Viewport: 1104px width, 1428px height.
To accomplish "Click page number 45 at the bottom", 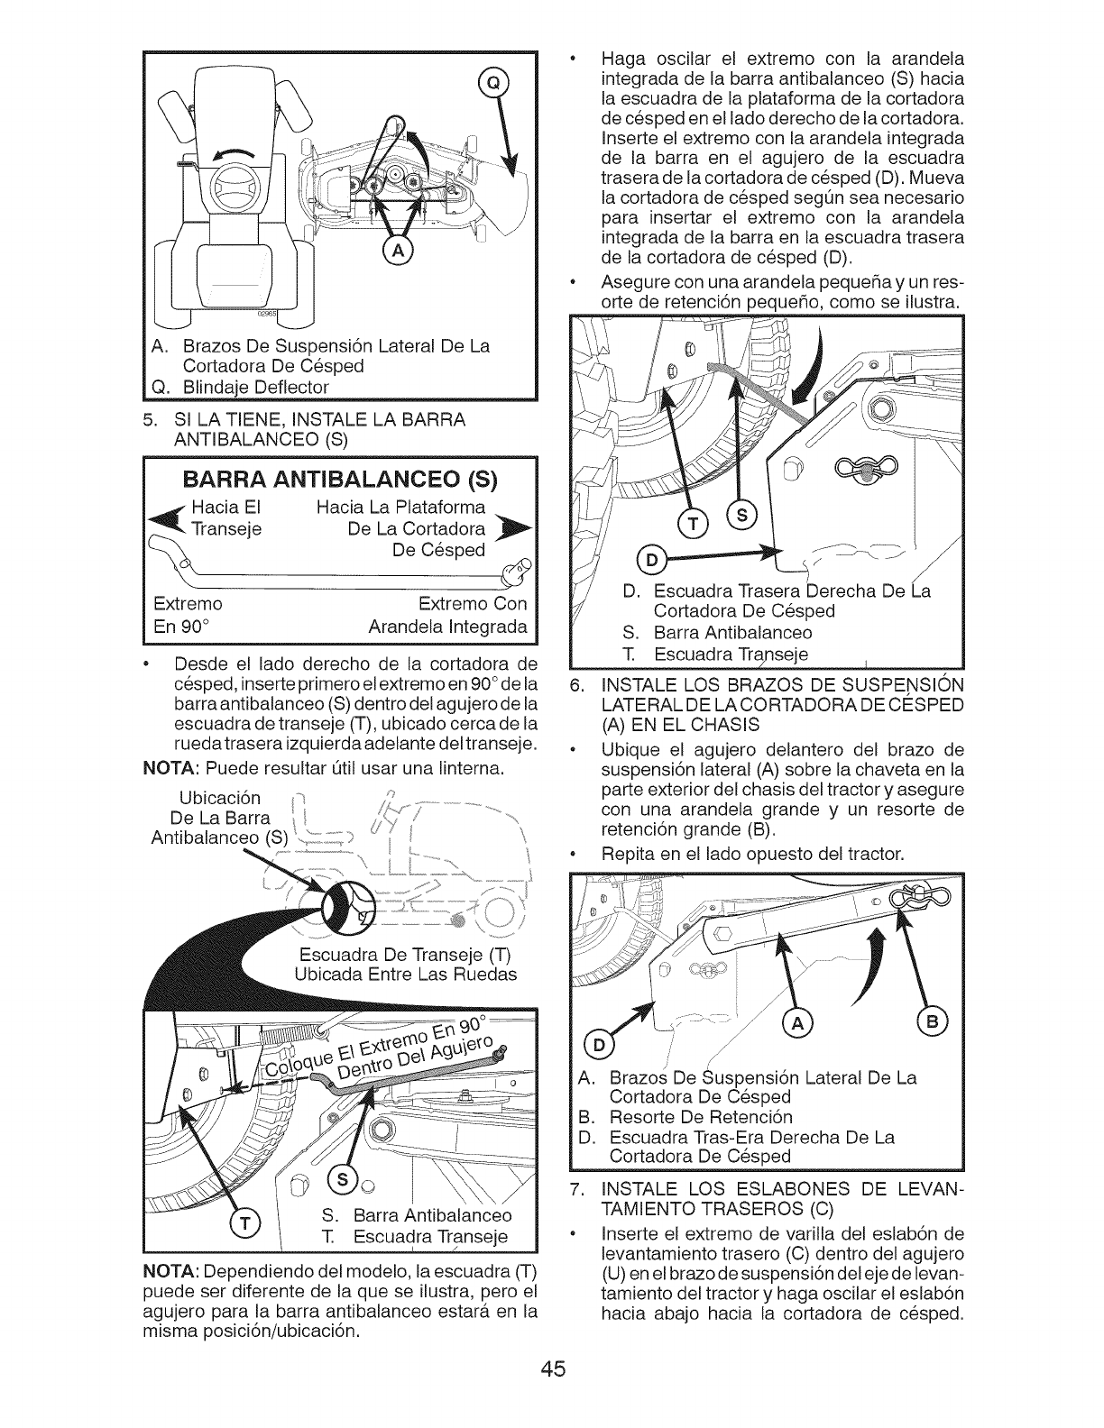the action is point(553,1395).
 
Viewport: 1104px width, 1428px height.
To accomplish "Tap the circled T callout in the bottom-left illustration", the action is point(244,1222).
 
